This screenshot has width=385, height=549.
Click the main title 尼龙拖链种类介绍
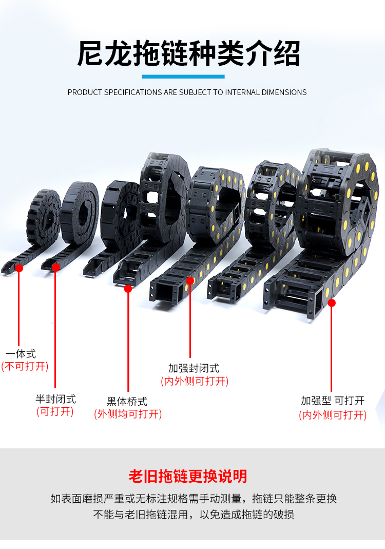(x=188, y=53)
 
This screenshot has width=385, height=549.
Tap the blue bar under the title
(x=183, y=77)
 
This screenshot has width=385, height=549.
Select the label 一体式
(x=21, y=354)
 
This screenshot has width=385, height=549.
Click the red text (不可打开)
(x=25, y=367)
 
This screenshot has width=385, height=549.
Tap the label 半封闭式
(x=55, y=399)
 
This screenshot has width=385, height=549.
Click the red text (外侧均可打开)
(x=128, y=414)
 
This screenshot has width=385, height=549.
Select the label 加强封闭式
(x=194, y=368)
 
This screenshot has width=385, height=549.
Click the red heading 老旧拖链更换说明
(x=188, y=476)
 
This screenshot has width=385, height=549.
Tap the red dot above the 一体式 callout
(x=20, y=268)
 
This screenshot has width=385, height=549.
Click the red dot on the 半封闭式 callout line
(x=55, y=267)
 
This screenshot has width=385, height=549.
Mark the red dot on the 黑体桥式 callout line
(x=128, y=289)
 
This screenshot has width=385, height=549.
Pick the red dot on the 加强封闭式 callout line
(x=190, y=280)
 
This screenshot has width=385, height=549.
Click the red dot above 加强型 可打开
(x=332, y=303)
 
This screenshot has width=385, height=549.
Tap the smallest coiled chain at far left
(x=44, y=216)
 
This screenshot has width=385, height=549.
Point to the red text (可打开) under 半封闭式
(x=55, y=412)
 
